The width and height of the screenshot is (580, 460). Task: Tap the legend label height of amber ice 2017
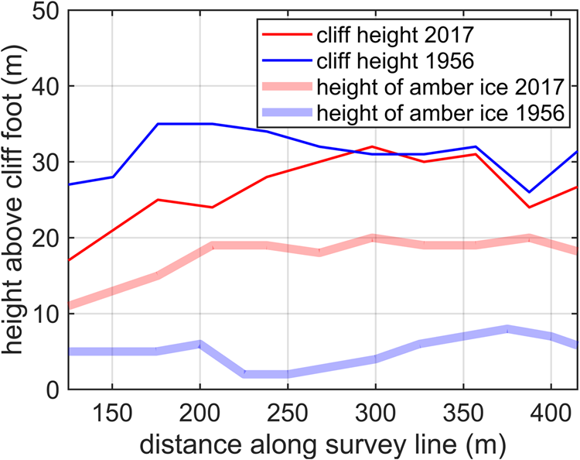436,86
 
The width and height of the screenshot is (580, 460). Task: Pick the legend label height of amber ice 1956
436,112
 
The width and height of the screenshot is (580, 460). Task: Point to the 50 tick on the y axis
43,12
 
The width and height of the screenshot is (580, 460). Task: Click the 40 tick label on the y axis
43,87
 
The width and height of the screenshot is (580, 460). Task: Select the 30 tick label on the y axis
43,162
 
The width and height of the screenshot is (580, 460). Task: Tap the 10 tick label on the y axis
43,313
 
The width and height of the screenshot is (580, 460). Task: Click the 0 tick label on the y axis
51,389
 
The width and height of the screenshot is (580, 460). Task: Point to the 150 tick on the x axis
112,410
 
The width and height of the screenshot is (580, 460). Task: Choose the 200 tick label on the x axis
200,410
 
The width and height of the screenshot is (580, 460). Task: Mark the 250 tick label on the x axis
288,410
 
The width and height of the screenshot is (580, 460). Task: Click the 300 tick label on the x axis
375,410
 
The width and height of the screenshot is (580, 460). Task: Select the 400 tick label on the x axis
551,410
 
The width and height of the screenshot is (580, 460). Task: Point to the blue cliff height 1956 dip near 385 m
528,192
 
